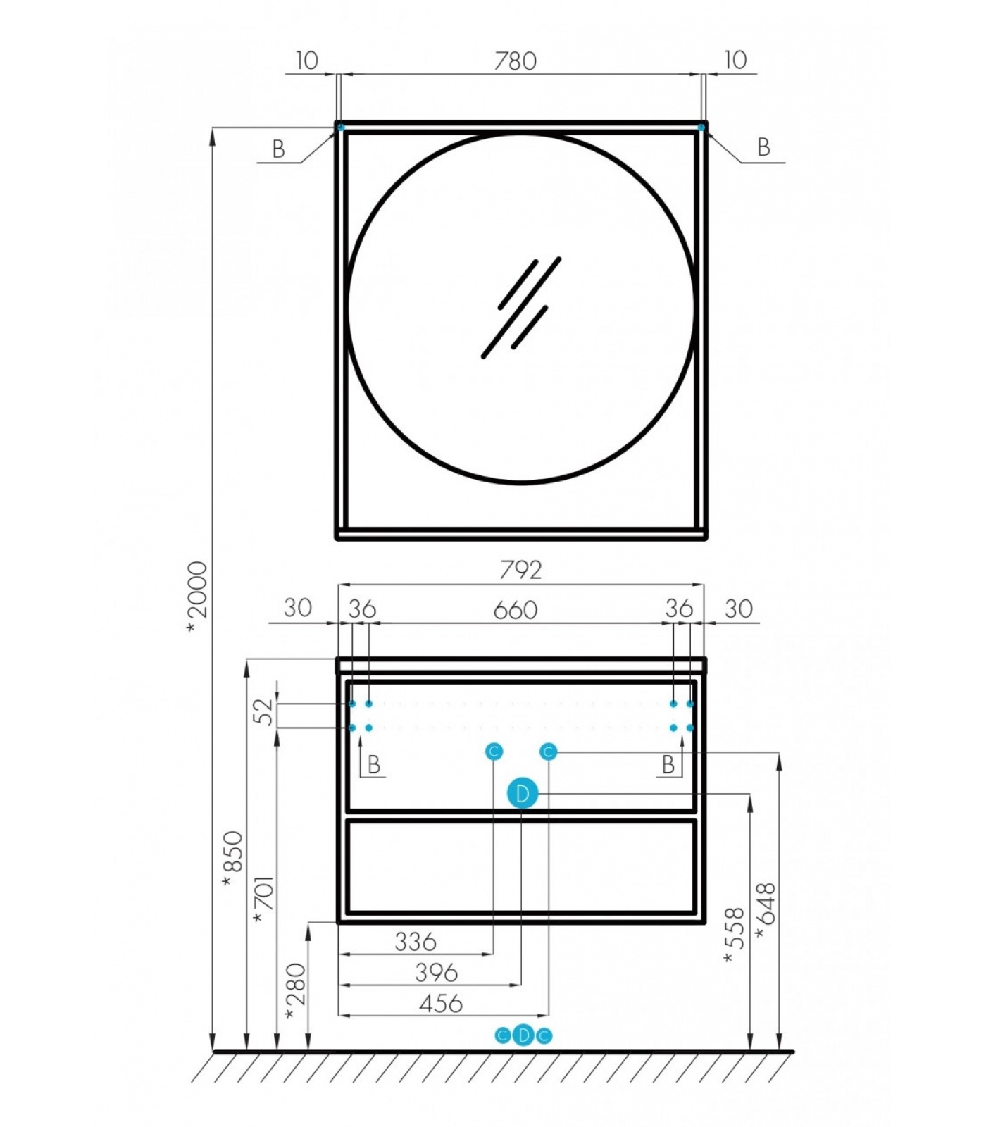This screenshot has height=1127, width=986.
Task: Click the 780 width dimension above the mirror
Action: pos(515,61)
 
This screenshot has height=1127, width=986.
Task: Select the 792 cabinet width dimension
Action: pos(520,570)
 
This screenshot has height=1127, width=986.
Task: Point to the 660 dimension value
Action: pos(515,610)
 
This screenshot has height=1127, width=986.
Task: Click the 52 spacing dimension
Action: pos(263,711)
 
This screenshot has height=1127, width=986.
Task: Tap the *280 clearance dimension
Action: pos(295,992)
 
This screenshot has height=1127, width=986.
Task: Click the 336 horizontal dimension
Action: pos(415,942)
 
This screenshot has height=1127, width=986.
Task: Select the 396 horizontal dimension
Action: pos(436,973)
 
